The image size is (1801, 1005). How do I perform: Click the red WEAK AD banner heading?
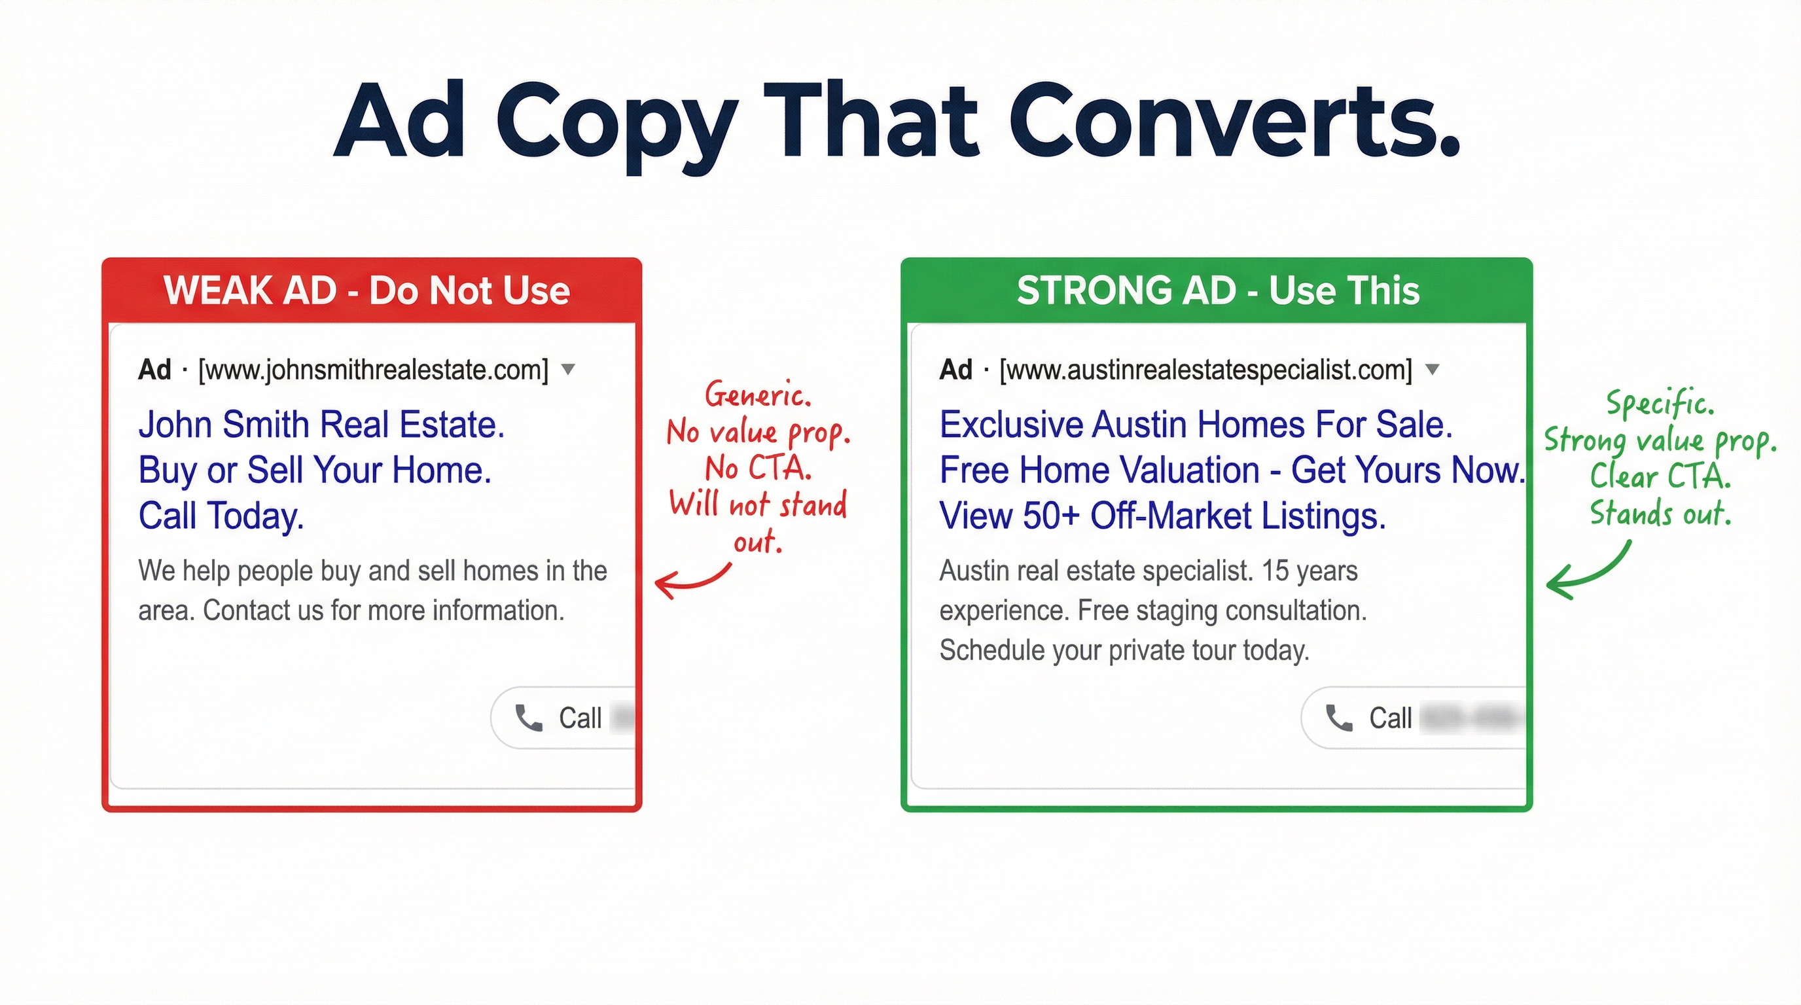[366, 290]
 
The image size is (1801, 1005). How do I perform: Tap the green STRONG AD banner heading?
[1218, 290]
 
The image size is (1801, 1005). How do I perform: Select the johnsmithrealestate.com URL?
[373, 370]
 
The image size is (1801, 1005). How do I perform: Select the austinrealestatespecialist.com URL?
[1206, 370]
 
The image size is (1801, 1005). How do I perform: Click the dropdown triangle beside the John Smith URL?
[569, 369]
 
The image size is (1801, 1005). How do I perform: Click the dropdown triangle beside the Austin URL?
[1433, 369]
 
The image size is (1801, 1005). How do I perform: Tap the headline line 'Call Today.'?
[221, 516]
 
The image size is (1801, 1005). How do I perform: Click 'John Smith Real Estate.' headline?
[321, 424]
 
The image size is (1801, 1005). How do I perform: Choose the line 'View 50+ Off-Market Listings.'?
[1162, 516]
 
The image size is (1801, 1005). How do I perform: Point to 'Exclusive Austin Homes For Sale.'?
[1196, 424]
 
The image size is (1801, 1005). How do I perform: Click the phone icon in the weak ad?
[529, 718]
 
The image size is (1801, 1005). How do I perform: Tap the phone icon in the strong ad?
[1339, 718]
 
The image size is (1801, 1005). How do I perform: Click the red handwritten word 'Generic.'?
[758, 396]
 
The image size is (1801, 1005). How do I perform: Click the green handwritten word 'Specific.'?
[1660, 403]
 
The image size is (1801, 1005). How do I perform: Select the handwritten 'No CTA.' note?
[758, 468]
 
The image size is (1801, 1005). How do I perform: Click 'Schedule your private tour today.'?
[1124, 650]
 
